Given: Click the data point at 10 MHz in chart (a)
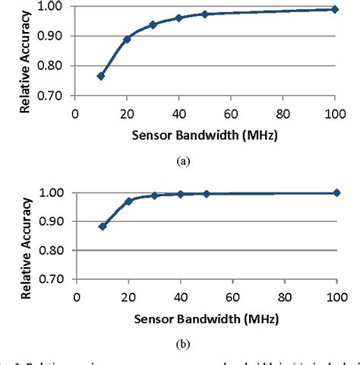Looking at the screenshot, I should coord(101,76).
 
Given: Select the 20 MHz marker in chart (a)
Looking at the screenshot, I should coord(127,39).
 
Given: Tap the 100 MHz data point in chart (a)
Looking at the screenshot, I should coord(335,9).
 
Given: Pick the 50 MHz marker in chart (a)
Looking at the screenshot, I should coord(205,14).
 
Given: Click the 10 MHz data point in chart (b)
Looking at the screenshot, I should coord(101,226).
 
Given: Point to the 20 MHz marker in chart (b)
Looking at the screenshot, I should coord(127,201).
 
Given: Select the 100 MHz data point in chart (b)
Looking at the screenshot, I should coord(335,192).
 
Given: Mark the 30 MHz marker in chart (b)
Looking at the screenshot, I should coord(153,195).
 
